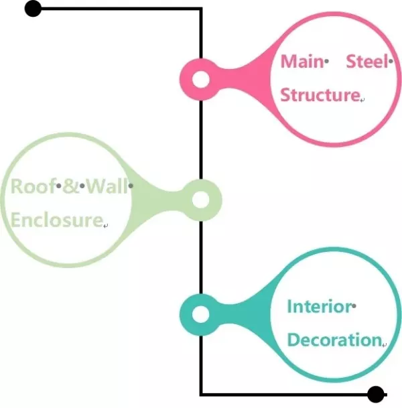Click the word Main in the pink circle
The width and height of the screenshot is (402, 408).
(301, 62)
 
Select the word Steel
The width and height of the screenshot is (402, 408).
(367, 62)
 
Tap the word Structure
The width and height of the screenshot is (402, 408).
(320, 94)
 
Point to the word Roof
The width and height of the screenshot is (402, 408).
(33, 186)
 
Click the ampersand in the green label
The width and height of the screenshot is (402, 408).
(70, 186)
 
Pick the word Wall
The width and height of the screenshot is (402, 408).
(107, 186)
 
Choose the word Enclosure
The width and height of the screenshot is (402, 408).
(57, 220)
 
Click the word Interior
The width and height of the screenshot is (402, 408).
(320, 307)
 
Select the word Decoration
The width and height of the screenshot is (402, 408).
(334, 340)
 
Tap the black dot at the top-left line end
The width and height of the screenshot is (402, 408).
(33, 9)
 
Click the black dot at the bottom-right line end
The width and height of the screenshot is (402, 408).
(375, 395)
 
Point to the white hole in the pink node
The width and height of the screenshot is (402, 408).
(201, 79)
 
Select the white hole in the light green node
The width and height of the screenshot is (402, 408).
(200, 200)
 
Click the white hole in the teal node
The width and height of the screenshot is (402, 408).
(200, 314)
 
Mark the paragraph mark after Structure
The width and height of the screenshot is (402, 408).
(362, 99)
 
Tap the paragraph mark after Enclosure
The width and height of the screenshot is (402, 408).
(105, 226)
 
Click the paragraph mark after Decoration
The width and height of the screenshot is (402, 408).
(385, 345)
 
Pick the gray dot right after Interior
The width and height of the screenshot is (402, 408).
(354, 306)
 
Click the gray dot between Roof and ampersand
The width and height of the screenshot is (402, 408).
(59, 186)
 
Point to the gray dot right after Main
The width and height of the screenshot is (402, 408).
(326, 62)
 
